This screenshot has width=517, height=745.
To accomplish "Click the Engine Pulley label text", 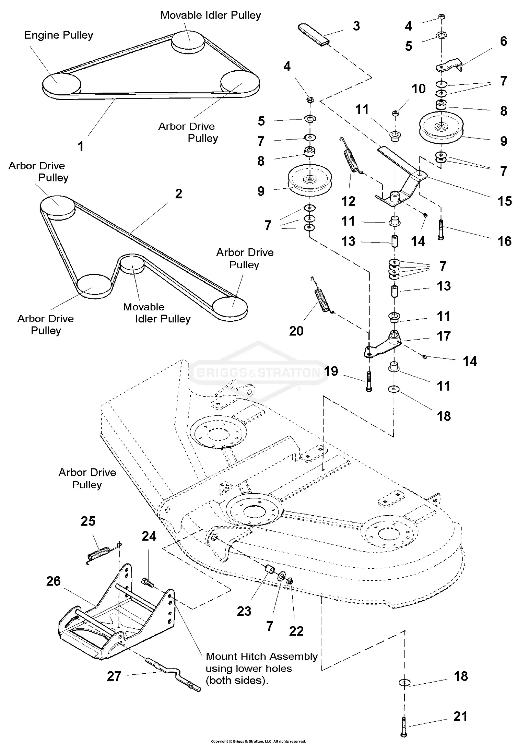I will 58,35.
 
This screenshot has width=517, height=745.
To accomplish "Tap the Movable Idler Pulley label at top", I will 210,15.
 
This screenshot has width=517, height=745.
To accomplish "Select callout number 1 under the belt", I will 81,146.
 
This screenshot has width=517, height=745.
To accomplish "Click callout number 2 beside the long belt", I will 178,194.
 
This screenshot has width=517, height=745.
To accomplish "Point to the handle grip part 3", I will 314,34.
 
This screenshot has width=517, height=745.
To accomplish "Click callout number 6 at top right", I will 503,41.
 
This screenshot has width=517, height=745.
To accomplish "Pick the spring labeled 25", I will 99,554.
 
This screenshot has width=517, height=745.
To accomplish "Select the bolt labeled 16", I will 441,228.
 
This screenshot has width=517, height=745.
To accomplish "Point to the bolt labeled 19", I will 369,382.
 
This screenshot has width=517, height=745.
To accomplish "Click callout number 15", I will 504,201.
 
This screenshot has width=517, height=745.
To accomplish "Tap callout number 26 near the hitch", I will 53,581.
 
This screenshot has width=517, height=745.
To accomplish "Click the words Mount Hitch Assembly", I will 261,656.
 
